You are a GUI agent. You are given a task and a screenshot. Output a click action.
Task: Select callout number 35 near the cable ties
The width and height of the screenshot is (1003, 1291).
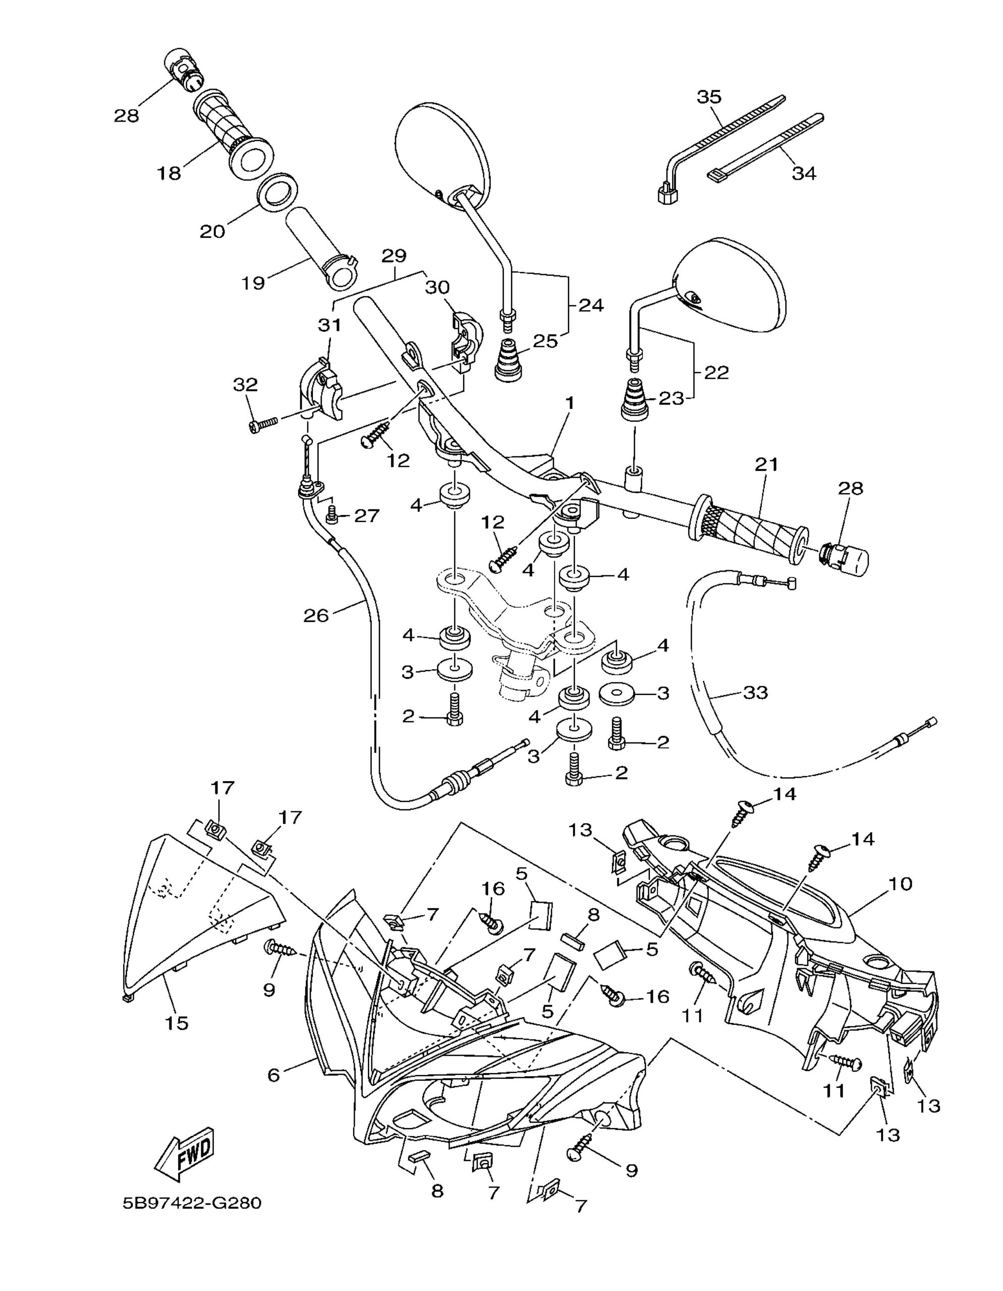coord(708,97)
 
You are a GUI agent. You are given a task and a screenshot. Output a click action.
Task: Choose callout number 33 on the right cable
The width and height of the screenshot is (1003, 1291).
coord(755,692)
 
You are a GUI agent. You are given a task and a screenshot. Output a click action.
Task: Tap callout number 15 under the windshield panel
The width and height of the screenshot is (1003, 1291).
coord(176,1022)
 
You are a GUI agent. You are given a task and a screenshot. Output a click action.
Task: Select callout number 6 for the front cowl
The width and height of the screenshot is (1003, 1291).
coord(273,1075)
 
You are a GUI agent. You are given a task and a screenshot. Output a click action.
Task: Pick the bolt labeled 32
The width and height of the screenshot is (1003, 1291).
coord(264,423)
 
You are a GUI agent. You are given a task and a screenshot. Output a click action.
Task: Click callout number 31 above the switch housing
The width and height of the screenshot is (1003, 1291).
coord(330,325)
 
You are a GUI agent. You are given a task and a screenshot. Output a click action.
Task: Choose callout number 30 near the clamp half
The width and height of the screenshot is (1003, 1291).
coord(437,288)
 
